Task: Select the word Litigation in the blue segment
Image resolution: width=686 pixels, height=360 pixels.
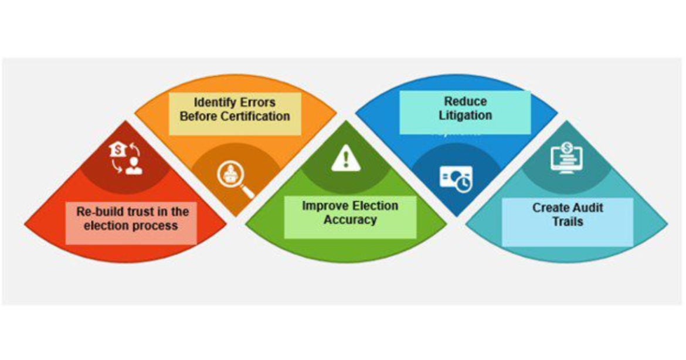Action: pyautogui.click(x=466, y=116)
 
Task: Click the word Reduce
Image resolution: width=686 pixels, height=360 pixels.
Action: pyautogui.click(x=466, y=101)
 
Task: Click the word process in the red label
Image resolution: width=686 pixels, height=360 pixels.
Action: pyautogui.click(x=156, y=226)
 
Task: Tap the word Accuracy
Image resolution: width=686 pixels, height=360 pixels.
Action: pyautogui.click(x=350, y=220)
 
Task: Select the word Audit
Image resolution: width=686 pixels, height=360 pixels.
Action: pyautogui.click(x=587, y=208)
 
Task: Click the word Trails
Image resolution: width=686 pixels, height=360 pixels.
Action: pyautogui.click(x=568, y=222)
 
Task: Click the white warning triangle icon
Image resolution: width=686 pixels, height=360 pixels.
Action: pyautogui.click(x=345, y=158)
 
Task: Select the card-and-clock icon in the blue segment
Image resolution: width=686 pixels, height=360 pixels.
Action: pyautogui.click(x=456, y=179)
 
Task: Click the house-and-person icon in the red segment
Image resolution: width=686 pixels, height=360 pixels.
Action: pyautogui.click(x=126, y=158)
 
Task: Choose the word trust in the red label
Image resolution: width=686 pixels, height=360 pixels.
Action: pyautogui.click(x=141, y=212)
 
